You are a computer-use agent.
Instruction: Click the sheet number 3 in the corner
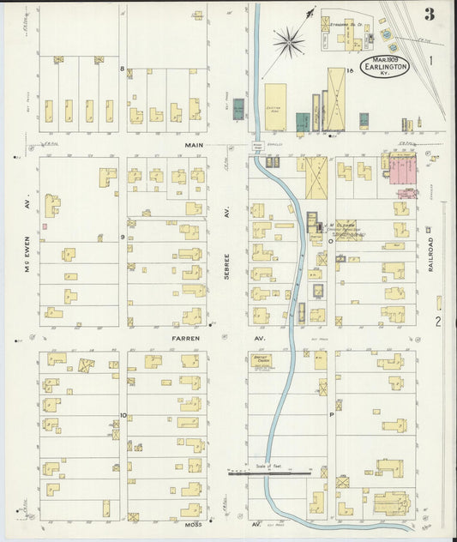(427, 14)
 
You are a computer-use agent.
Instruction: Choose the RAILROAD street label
(431, 254)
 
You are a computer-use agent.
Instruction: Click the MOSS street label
(190, 521)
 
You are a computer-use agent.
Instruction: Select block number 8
(123, 69)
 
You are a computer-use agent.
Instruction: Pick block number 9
(123, 237)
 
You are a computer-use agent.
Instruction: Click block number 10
(123, 416)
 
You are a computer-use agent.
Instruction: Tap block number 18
(351, 69)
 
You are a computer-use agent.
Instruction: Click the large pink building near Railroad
(402, 170)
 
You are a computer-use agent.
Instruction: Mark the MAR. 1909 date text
(384, 57)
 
